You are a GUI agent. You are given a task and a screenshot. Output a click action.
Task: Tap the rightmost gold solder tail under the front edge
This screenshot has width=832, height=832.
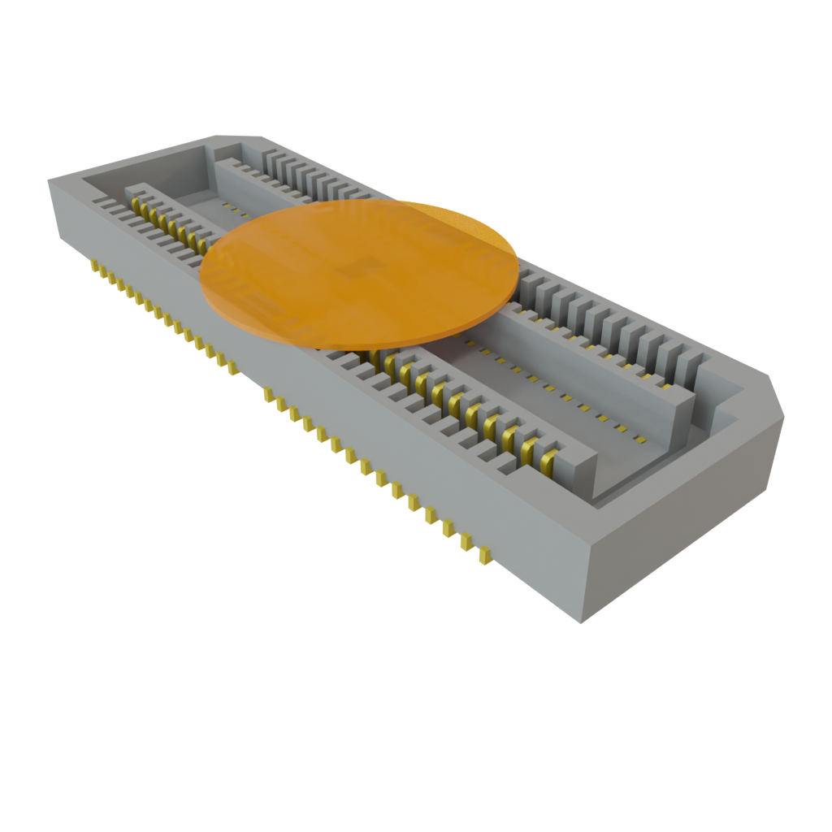[484, 556]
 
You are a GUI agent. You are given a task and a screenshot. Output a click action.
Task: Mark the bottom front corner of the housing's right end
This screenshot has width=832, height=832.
[580, 622]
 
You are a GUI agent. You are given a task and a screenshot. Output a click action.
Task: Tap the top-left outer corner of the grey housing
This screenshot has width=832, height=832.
[50, 180]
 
